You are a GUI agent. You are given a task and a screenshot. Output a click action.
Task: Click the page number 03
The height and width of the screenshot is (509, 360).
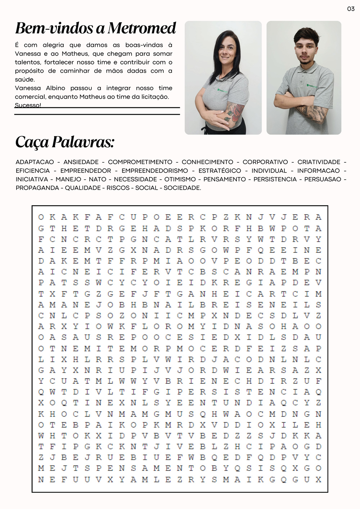tap(351, 9)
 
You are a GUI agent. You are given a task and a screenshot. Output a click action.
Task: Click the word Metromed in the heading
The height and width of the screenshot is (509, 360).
tap(142, 28)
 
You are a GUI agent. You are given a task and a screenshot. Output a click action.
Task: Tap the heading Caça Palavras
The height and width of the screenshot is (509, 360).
tap(65, 142)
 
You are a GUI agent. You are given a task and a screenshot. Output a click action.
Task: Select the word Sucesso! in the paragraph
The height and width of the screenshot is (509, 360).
tap(28, 105)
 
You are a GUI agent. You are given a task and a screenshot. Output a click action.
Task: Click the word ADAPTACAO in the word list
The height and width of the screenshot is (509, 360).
tap(35, 162)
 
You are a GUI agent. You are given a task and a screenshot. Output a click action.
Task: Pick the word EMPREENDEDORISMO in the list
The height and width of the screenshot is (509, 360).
tap(154, 171)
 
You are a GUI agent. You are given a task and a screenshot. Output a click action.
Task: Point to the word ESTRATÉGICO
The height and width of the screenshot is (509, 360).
tap(220, 171)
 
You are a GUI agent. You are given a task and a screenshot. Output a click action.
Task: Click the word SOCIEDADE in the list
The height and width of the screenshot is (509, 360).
tap(182, 188)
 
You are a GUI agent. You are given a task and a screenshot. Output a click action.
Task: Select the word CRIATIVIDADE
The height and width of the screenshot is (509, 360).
tap(319, 162)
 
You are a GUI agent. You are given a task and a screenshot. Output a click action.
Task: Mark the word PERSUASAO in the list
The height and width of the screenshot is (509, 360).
tap(323, 179)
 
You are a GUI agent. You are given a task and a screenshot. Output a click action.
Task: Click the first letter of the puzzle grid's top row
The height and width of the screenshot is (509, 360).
tap(41, 217)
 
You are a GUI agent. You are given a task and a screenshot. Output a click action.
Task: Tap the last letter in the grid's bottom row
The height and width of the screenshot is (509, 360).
tap(318, 479)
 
